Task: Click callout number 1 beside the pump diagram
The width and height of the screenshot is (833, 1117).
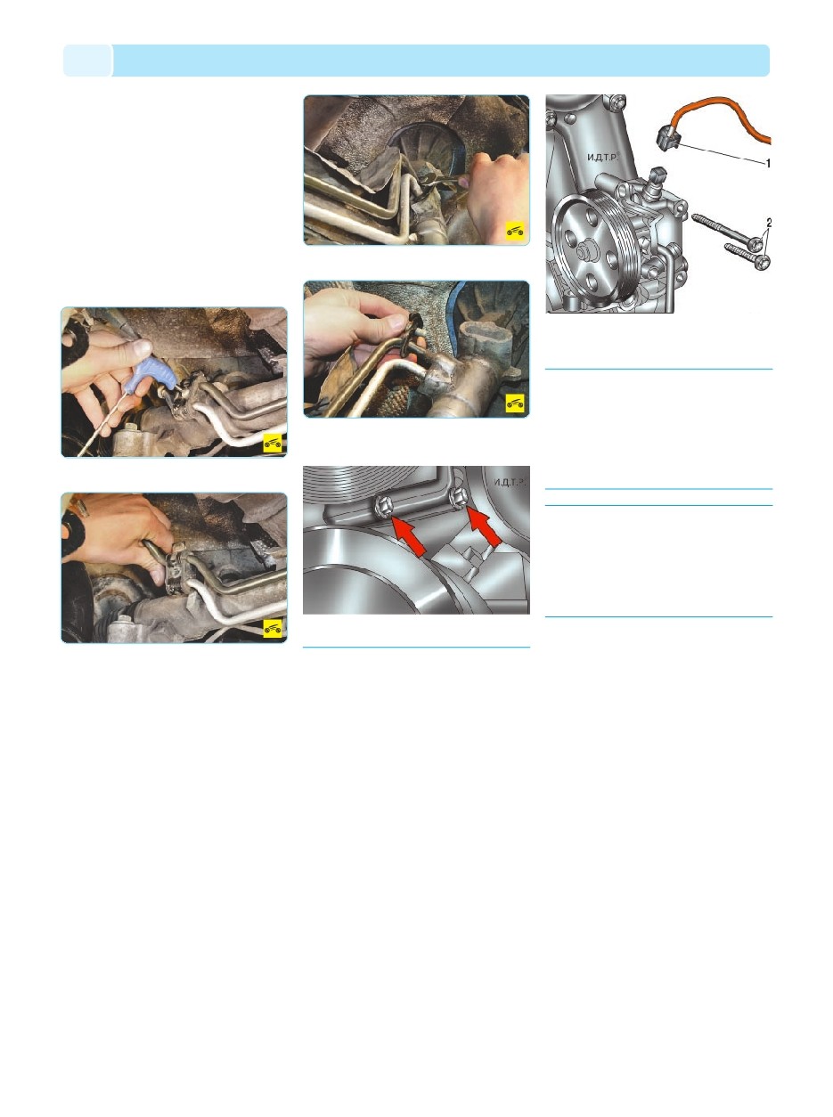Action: [x=767, y=163]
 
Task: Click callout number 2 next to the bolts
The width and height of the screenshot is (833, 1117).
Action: [x=769, y=223]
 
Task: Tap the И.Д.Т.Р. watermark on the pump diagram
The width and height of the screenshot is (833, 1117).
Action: [x=602, y=158]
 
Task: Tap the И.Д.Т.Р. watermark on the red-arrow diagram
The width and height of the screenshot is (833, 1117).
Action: [x=510, y=482]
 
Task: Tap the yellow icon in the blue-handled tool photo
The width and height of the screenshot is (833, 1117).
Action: [x=273, y=444]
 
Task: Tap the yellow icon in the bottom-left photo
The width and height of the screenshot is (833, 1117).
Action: [x=273, y=629]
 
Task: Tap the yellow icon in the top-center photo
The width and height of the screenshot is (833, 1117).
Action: [x=515, y=232]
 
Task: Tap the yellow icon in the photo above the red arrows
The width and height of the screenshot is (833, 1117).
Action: [x=515, y=404]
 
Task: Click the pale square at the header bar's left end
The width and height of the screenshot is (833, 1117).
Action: [x=87, y=61]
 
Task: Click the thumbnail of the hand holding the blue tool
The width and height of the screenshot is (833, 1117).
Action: [x=174, y=382]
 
